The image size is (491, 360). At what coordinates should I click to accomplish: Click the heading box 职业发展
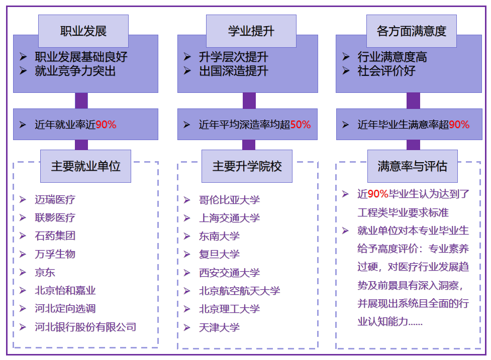[83, 31]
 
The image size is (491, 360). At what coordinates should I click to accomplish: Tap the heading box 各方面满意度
[411, 31]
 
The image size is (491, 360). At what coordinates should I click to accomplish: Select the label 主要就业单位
[85, 166]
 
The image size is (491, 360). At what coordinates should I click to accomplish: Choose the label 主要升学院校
[247, 166]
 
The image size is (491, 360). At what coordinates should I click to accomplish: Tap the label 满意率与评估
[412, 166]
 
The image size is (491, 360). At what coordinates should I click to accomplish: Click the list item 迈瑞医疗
[55, 199]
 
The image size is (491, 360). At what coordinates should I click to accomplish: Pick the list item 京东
[45, 273]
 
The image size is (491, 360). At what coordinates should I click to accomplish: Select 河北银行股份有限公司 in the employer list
[85, 327]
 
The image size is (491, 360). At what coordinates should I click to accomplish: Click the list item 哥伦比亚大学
[229, 200]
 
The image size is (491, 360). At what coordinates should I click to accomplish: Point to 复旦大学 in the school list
[219, 255]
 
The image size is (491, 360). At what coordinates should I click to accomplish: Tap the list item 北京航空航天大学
[239, 291]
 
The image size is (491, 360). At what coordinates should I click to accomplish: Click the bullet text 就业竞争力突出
[75, 71]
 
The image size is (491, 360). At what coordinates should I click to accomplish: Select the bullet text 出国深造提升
[233, 71]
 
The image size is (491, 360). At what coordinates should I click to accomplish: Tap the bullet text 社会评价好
[386, 71]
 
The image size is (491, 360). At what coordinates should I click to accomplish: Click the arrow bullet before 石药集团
[23, 235]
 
